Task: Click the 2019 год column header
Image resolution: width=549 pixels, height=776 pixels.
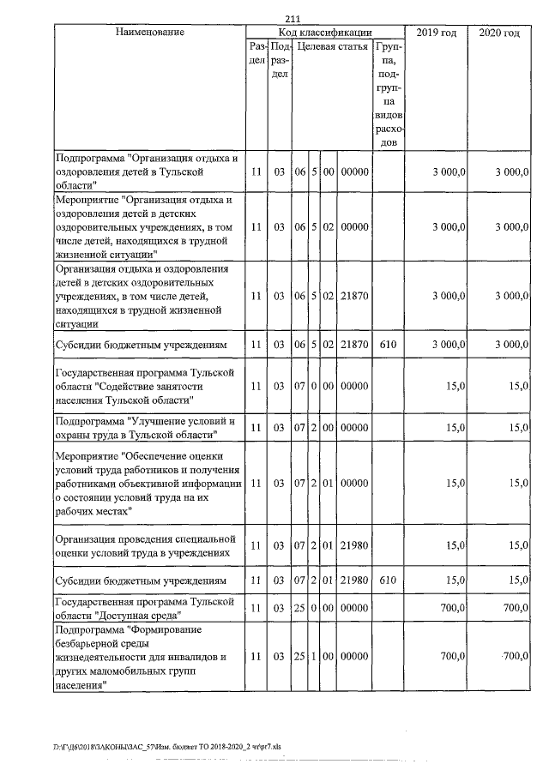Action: coord(437,33)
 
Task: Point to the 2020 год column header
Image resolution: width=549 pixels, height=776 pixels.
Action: coord(499,33)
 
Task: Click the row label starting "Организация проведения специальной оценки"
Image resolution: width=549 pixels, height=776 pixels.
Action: coord(144,545)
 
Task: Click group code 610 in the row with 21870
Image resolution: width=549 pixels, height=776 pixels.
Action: coord(388,344)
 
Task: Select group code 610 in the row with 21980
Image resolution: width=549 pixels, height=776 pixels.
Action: coord(388,580)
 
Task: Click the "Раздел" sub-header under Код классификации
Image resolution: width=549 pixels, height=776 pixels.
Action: coord(256,54)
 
